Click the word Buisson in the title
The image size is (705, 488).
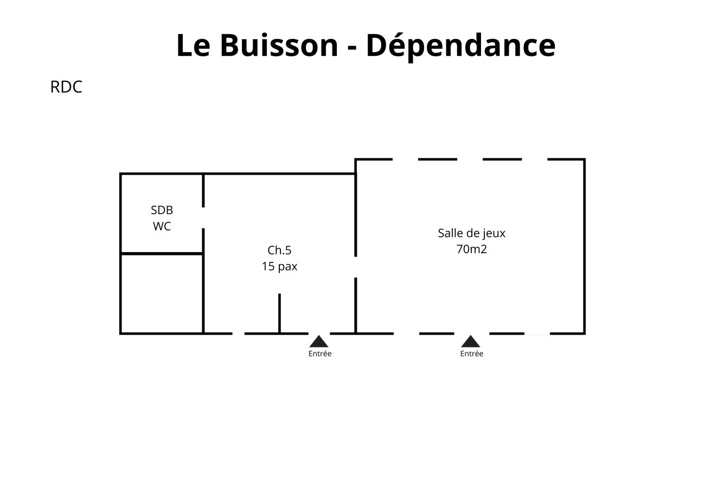(278, 45)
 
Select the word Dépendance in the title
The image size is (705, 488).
(460, 46)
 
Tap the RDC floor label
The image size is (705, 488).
(66, 87)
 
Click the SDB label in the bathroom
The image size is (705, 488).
(162, 210)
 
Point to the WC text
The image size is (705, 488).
(162, 227)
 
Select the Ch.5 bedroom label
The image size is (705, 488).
(279, 251)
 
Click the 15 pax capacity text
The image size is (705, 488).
(279, 267)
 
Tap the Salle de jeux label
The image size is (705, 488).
(471, 234)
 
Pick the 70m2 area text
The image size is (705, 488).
(471, 249)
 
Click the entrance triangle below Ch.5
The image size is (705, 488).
(319, 342)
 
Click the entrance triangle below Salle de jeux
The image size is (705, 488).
(471, 342)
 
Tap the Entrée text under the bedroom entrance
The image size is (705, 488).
(320, 354)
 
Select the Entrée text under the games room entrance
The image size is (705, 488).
(471, 354)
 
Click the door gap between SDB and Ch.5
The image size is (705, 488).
(203, 218)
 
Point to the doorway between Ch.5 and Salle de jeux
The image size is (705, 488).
(356, 267)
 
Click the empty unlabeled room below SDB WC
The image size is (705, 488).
(162, 293)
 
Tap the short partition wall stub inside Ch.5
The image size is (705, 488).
(279, 313)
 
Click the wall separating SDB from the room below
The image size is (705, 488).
(162, 253)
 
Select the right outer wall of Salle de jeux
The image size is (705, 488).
(584, 247)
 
